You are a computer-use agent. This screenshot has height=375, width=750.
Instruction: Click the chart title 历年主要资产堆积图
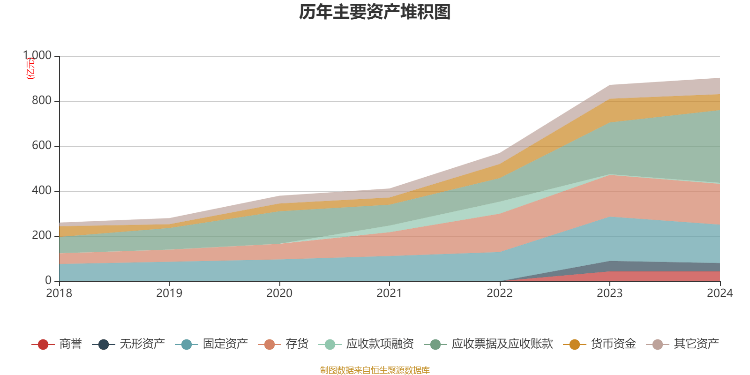[375, 12]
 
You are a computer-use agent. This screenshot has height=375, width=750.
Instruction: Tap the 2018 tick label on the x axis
[59, 293]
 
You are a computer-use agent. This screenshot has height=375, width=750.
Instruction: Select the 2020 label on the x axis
[279, 293]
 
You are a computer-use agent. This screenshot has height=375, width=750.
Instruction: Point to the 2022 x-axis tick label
[500, 293]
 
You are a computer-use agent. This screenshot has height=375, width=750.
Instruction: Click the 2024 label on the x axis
[720, 293]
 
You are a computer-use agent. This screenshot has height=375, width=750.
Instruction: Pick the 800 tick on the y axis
[41, 101]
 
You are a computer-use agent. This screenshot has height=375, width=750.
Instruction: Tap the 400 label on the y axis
[41, 191]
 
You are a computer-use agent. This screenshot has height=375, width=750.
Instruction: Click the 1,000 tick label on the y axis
[37, 56]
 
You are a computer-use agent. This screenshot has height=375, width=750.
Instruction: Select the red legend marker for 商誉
[43, 345]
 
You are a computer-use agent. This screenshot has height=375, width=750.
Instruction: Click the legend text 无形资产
[142, 344]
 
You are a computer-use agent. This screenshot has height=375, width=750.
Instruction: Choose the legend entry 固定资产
[225, 344]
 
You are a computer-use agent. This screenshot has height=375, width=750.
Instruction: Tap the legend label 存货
[297, 344]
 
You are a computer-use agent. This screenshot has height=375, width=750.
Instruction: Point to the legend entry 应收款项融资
[380, 344]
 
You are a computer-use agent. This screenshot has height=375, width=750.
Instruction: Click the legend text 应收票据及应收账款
[502, 344]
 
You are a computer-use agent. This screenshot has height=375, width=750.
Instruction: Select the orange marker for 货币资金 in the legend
[574, 345]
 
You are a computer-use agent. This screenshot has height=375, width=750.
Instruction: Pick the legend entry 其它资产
[696, 344]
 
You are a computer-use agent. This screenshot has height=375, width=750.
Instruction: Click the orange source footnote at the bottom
[375, 370]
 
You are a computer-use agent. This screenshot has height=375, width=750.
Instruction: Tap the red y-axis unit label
[30, 68]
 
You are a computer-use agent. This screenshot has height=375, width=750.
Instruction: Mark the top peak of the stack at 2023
[609, 85]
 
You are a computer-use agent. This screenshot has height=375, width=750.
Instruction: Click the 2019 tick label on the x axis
[169, 293]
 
